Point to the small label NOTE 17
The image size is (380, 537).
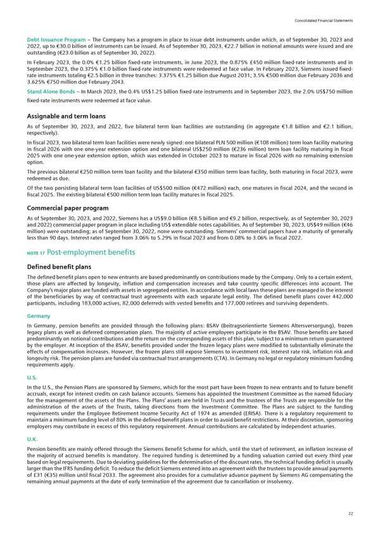[x=35, y=253]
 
